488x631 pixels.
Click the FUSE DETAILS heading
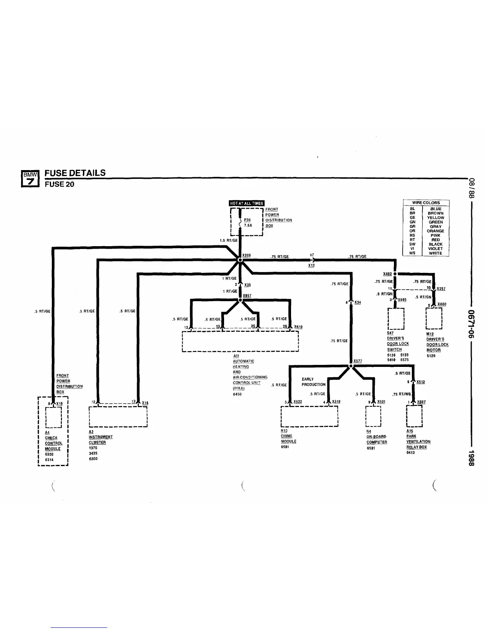pyautogui.click(x=75, y=173)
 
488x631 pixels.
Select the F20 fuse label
pyautogui.click(x=248, y=220)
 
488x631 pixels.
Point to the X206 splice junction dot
pyautogui.click(x=240, y=260)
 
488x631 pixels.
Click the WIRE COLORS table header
pyautogui.click(x=426, y=203)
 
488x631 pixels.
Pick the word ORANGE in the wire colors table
pyautogui.click(x=435, y=231)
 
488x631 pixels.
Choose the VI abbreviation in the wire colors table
pyautogui.click(x=412, y=249)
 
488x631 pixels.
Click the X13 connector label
pyautogui.click(x=311, y=265)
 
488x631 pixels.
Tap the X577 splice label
pyautogui.click(x=357, y=361)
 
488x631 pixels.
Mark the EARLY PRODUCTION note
pyautogui.click(x=313, y=382)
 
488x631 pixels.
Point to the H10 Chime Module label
pyautogui.click(x=288, y=436)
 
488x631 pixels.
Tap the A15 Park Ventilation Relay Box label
pyautogui.click(x=418, y=439)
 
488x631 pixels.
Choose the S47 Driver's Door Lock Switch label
pyautogui.click(x=397, y=341)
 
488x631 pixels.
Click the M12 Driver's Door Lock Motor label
pyautogui.click(x=437, y=342)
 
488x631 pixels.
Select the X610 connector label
pyautogui.click(x=298, y=327)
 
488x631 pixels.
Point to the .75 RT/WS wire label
pyautogui.click(x=401, y=394)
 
